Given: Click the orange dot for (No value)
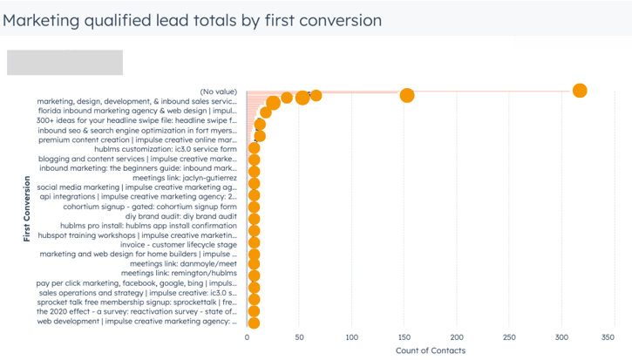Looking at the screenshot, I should click(x=580, y=91).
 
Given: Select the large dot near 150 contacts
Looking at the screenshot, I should click(x=407, y=95).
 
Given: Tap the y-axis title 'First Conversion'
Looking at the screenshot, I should click(x=28, y=209).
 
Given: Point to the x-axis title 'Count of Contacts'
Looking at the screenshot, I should click(x=431, y=350).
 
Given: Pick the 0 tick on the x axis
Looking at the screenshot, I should click(x=247, y=336).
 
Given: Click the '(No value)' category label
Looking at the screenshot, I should click(x=218, y=92).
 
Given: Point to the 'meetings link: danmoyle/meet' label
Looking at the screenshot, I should click(x=182, y=263).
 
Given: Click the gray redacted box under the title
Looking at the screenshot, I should click(x=65, y=63).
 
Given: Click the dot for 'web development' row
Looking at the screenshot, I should click(x=254, y=321).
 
